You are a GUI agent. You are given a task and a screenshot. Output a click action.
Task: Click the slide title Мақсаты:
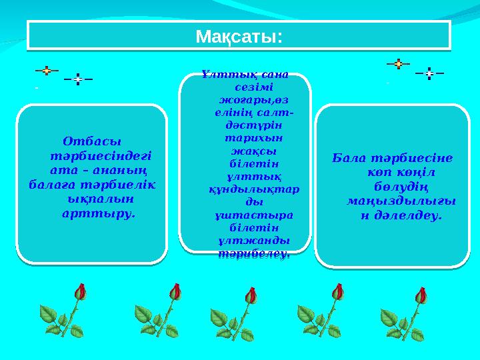pyautogui.click(x=239, y=35)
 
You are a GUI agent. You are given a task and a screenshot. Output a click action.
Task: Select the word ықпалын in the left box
pyautogui.click(x=101, y=198)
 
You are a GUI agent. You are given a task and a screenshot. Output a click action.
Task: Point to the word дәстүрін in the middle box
pyautogui.click(x=247, y=125)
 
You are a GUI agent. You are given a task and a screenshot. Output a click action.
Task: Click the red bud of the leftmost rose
pyautogui.click(x=79, y=291)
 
